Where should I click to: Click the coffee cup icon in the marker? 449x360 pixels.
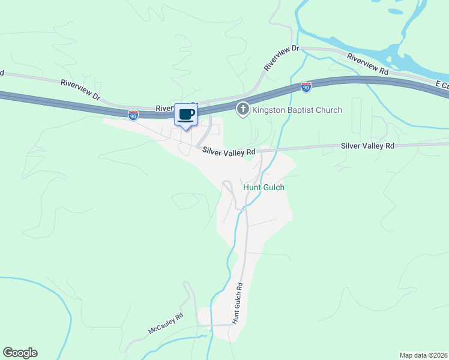[x=185, y=114]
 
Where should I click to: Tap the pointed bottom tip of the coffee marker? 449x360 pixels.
[x=185, y=129]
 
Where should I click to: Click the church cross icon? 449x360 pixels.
[x=243, y=109]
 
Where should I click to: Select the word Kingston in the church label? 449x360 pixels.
[x=270, y=110]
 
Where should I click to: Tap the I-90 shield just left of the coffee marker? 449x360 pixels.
[x=133, y=114]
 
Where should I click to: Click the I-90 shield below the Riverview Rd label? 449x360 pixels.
[x=306, y=88]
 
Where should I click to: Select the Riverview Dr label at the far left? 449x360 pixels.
[x=82, y=87]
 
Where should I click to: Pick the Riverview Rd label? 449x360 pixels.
[x=367, y=63]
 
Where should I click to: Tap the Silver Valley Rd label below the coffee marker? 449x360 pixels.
[x=229, y=152]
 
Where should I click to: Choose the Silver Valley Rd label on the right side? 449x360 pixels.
[x=367, y=146]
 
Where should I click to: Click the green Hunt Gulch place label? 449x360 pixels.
[x=264, y=187]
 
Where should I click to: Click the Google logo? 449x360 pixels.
[x=20, y=353]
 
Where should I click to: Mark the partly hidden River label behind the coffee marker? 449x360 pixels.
[x=164, y=109]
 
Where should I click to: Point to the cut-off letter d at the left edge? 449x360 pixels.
[x=2, y=73]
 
